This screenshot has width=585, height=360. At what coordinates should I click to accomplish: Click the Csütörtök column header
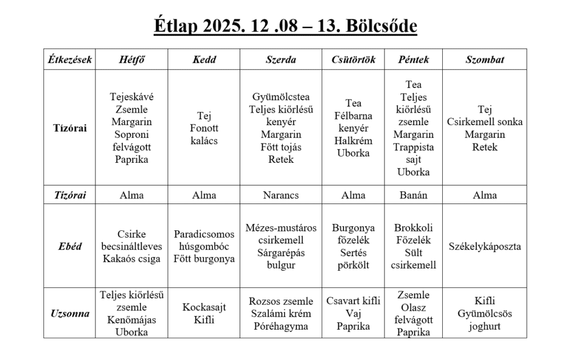(354, 59)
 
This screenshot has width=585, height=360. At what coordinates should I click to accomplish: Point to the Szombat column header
(485, 59)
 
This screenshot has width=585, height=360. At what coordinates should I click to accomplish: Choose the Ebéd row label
(70, 246)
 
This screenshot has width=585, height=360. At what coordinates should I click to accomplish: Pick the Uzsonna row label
(70, 314)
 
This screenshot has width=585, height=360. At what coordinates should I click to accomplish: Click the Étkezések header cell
(70, 59)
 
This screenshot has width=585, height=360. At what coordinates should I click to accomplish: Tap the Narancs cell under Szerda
(281, 195)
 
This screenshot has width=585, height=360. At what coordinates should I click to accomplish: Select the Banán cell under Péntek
(414, 195)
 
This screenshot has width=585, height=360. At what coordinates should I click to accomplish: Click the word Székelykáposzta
(485, 246)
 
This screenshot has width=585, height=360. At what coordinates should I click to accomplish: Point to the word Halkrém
(354, 141)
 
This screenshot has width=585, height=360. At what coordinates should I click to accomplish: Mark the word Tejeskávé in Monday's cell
(132, 97)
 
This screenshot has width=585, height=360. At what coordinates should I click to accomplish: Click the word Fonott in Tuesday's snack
(204, 128)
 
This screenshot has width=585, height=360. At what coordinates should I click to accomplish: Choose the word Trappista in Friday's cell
(414, 147)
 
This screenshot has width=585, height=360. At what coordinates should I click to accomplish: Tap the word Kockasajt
(204, 307)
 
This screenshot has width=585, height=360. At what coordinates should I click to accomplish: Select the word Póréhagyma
(281, 326)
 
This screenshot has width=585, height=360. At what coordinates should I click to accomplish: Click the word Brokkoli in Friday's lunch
(414, 227)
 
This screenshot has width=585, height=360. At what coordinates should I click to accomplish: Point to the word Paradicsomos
(204, 234)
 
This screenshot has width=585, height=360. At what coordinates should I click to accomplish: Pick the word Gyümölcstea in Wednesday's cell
(281, 97)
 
